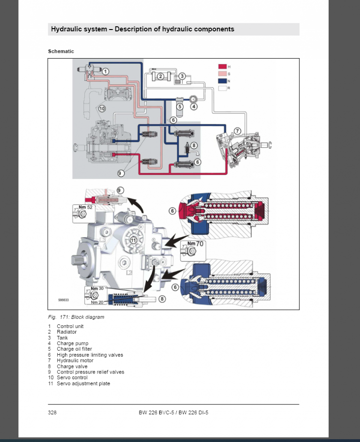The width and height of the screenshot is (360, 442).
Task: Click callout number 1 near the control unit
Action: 106,72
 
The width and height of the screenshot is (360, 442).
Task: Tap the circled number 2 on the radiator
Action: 160,76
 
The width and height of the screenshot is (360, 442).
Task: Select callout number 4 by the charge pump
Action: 195,106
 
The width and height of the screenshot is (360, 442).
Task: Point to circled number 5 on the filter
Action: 180,106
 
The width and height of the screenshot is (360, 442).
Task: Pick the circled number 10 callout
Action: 102,108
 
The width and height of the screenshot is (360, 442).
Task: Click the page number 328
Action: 52,412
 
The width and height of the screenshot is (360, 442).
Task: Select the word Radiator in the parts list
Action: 67,332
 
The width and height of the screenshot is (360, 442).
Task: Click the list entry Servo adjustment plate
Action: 83,383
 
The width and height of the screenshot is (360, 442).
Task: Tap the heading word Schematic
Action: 61,51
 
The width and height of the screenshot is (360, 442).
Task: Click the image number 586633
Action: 63,299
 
